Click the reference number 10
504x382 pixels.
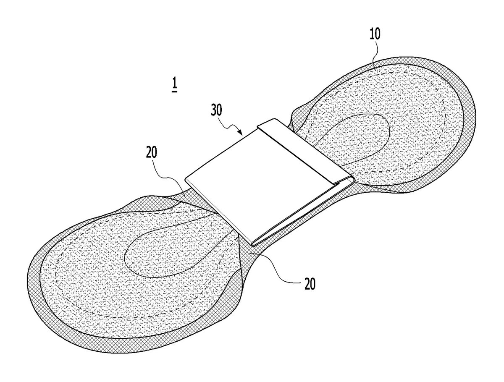[x=375, y=34]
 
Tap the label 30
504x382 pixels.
[x=217, y=110]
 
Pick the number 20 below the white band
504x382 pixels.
[x=310, y=284]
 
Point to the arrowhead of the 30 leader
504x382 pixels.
[x=240, y=132]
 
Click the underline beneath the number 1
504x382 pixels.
[x=174, y=92]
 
